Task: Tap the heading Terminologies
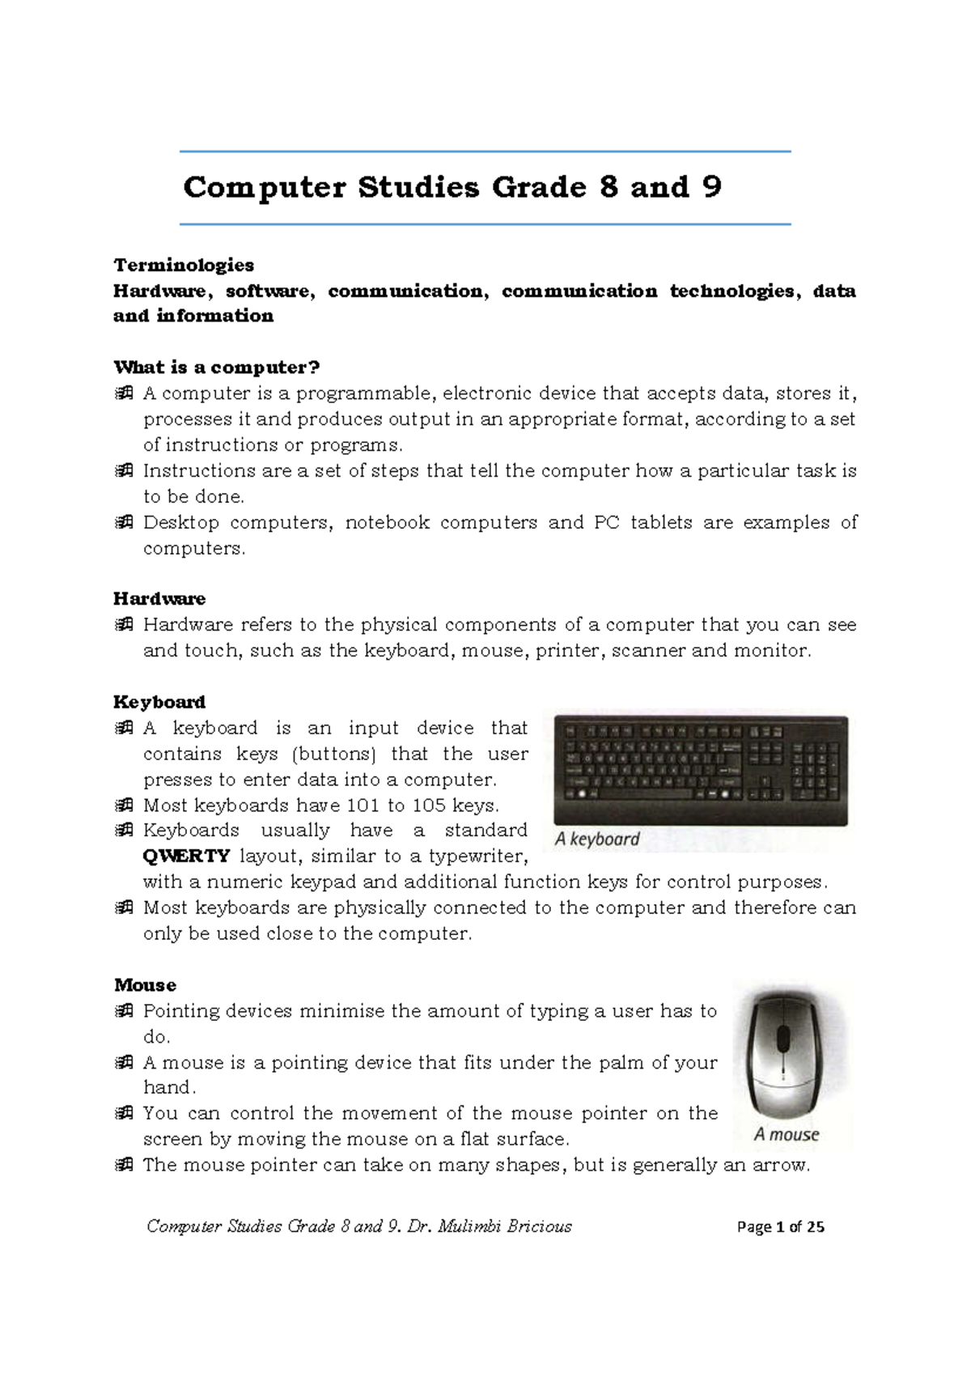click(x=184, y=265)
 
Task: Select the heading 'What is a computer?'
click(x=217, y=368)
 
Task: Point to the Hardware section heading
click(x=159, y=599)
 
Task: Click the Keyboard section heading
click(x=159, y=702)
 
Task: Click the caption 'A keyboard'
click(x=597, y=840)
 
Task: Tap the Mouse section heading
click(x=145, y=985)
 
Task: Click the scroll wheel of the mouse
click(x=783, y=1037)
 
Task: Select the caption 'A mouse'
click(x=787, y=1135)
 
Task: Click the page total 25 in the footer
click(x=816, y=1227)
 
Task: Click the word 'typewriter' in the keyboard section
click(x=477, y=857)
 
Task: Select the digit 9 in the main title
click(x=712, y=187)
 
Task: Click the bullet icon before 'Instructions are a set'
click(x=124, y=471)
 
